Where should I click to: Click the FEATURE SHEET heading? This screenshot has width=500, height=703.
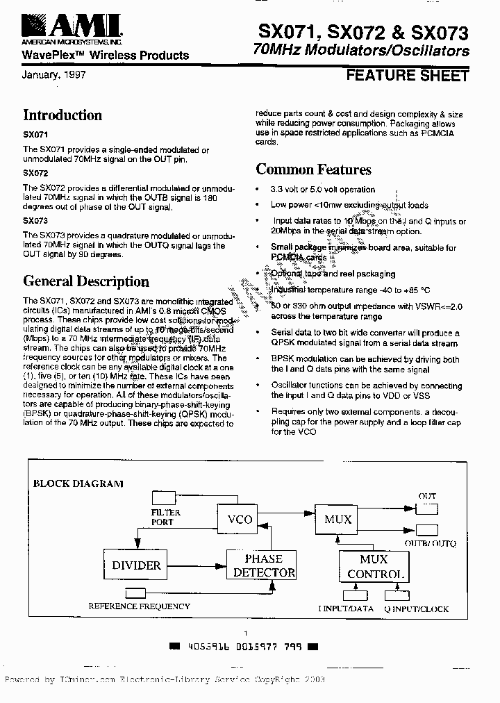click(x=407, y=75)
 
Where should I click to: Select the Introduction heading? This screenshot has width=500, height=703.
click(x=62, y=115)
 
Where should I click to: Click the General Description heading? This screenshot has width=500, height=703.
click(x=86, y=281)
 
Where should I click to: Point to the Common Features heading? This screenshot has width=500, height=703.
click(x=313, y=169)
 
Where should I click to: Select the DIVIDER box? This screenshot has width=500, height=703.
click(x=137, y=565)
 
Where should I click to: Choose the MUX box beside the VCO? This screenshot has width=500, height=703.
click(x=338, y=519)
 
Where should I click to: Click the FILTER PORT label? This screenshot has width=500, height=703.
click(x=166, y=517)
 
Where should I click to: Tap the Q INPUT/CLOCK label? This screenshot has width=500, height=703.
click(x=417, y=609)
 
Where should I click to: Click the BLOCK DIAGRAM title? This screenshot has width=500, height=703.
click(x=78, y=483)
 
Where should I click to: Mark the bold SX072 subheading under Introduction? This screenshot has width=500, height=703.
click(x=35, y=172)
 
